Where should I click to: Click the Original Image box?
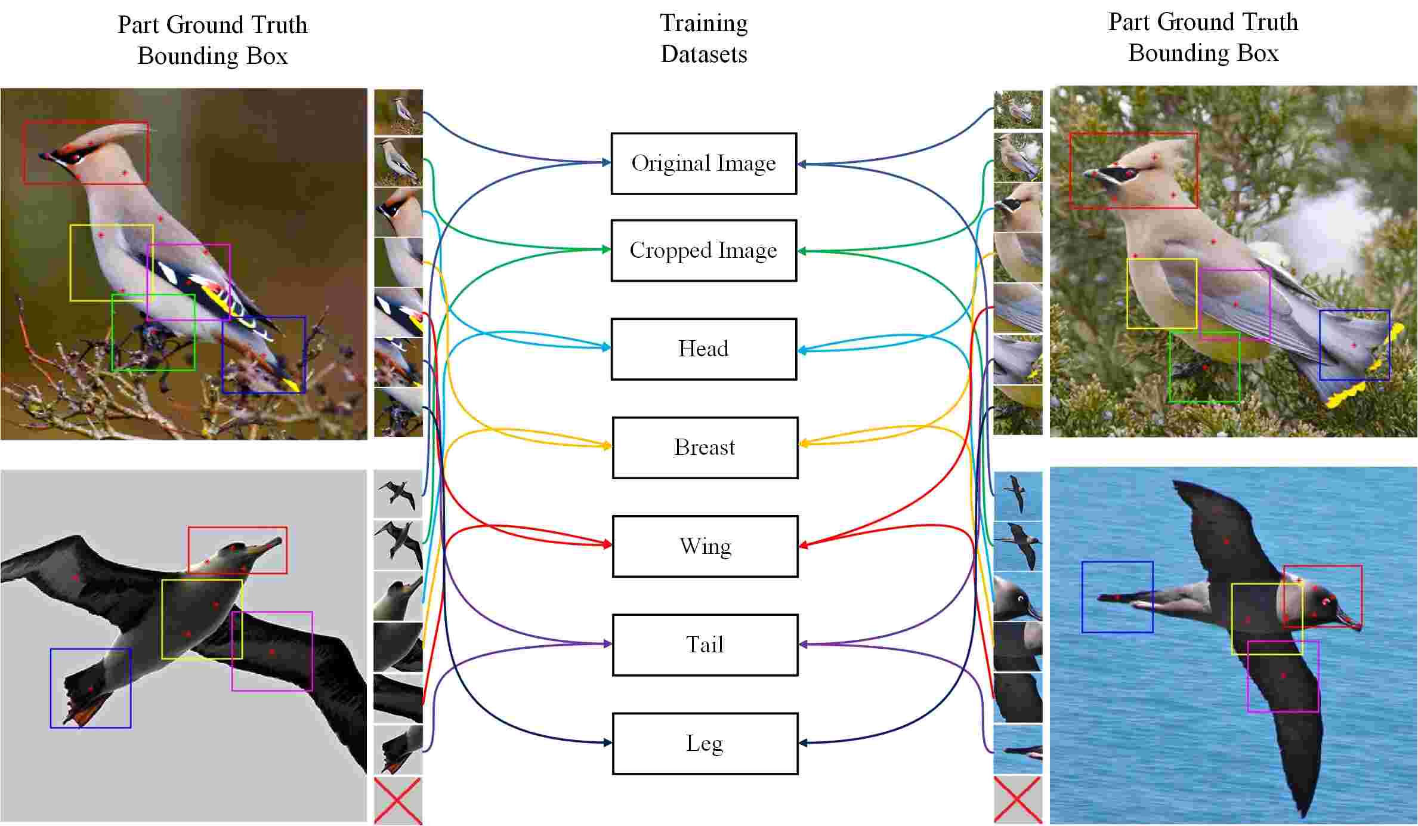pyautogui.click(x=703, y=164)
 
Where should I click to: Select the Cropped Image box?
pyautogui.click(x=703, y=251)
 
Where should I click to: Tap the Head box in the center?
pyautogui.click(x=703, y=349)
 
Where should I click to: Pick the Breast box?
pyautogui.click(x=705, y=448)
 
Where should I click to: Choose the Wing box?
pyautogui.click(x=705, y=546)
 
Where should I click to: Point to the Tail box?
pyautogui.click(x=705, y=645)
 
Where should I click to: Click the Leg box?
pyautogui.click(x=705, y=743)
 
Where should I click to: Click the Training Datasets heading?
pyautogui.click(x=703, y=39)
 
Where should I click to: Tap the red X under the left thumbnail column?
pyautogui.click(x=398, y=800)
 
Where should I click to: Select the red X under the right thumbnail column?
pyautogui.click(x=1018, y=800)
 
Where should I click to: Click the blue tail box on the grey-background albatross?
pyautogui.click(x=91, y=688)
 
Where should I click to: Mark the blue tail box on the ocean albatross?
pyautogui.click(x=1117, y=597)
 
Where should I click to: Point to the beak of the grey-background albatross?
pyautogui.click(x=268, y=545)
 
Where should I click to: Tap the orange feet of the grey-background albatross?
pyautogui.click(x=84, y=710)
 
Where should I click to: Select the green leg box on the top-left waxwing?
pyautogui.click(x=153, y=332)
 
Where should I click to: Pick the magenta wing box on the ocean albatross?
pyautogui.click(x=1283, y=676)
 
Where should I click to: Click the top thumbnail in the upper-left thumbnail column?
pyautogui.click(x=398, y=112)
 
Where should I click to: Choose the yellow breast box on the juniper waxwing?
pyautogui.click(x=1161, y=293)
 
